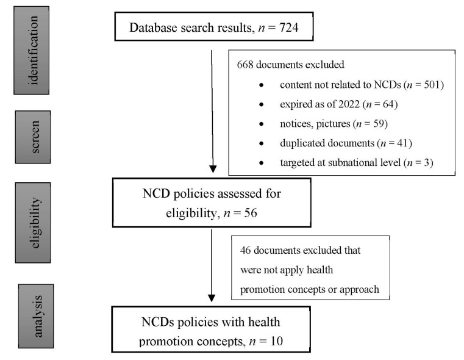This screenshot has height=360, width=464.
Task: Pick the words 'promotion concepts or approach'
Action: (310, 289)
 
